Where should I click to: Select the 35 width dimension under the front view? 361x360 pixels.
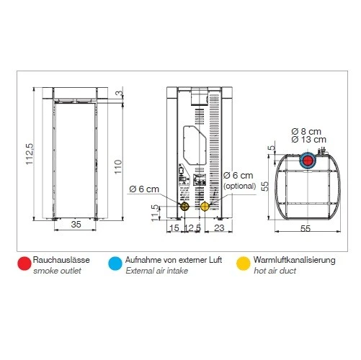point(76,225)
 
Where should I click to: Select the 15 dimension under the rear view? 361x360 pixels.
point(173,228)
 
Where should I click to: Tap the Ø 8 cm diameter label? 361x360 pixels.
point(306,130)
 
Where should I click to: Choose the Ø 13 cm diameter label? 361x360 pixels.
point(309,139)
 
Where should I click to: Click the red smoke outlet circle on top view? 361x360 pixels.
point(308,160)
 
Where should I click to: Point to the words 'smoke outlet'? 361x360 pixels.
point(57,271)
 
